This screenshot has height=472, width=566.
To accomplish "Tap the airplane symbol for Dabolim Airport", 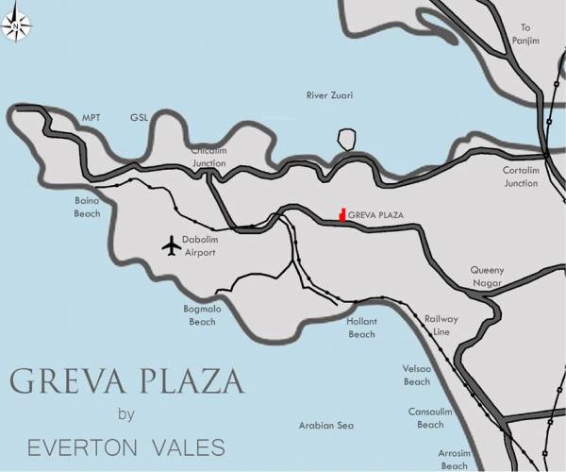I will [x=171, y=245].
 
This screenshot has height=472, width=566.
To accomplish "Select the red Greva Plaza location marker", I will [x=342, y=215].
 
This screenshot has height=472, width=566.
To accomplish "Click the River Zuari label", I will [x=329, y=95].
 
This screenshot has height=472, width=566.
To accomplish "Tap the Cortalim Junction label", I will [x=520, y=177].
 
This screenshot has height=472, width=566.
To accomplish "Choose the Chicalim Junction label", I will [x=209, y=157].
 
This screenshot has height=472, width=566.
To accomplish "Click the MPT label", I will [x=92, y=118].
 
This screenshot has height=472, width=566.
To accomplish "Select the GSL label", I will [x=140, y=118].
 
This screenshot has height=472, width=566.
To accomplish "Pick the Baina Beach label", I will [x=87, y=207].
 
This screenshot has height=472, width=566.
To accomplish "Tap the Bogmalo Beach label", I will [x=202, y=315].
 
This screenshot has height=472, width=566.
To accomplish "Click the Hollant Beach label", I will [x=361, y=328].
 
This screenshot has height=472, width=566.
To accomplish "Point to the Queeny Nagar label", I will [x=488, y=276].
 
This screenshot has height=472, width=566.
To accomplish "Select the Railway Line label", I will [x=441, y=326].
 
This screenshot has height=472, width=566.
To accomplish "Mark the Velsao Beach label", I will [x=416, y=376].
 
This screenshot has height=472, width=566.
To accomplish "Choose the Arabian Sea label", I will [x=325, y=426].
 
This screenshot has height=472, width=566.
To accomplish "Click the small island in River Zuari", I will [x=347, y=140].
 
